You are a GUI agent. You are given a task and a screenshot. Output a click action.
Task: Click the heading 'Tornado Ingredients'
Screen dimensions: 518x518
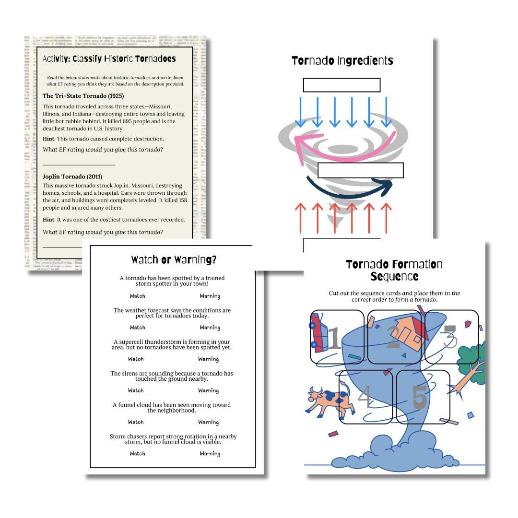pos(342,61)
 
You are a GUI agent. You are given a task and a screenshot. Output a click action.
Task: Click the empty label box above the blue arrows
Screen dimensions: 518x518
pos(341,85)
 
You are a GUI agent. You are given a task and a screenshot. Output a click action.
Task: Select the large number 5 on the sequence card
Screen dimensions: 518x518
pos(419,398)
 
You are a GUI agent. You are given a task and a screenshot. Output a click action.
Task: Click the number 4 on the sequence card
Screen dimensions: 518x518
pos(365,397)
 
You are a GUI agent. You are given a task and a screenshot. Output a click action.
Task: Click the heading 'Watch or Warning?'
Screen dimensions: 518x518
pos(174,260)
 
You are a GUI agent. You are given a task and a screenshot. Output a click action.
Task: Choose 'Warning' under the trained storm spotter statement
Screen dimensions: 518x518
pos(210,296)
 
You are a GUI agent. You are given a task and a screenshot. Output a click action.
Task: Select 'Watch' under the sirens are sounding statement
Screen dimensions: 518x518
pos(136,390)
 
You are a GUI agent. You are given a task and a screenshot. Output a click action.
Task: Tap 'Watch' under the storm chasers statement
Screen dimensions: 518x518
pos(137,453)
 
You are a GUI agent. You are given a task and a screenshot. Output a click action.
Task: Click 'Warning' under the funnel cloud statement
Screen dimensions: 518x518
pos(208,422)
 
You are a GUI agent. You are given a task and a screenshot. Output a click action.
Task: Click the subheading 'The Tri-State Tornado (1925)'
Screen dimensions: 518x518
pos(83,96)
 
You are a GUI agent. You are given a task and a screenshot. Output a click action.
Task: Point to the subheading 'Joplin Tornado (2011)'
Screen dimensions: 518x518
pos(72,177)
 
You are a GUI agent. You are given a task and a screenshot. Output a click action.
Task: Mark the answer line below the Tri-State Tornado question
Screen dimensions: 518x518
pos(79,165)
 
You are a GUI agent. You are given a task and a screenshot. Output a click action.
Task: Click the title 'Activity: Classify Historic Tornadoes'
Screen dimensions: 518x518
pos(109,59)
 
